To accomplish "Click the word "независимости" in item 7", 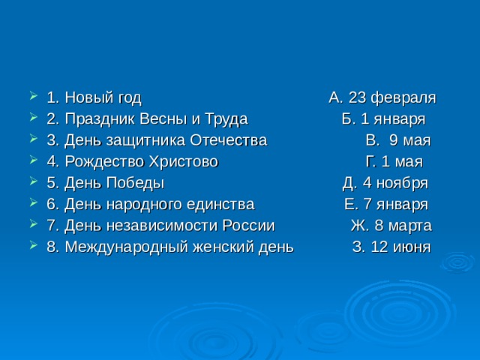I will click(x=149, y=225).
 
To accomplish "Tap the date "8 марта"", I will click(x=402, y=225).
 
